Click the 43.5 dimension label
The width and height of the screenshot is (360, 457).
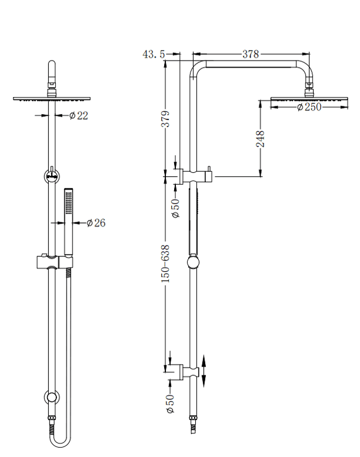tap(154, 54)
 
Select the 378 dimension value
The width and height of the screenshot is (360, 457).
tap(251, 54)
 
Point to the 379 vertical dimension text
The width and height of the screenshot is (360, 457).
tap(166, 119)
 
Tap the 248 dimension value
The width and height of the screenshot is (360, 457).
tap(261, 139)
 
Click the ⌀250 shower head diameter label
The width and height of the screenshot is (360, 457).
tap(309, 107)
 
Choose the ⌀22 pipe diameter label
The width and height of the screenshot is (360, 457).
tap(78, 116)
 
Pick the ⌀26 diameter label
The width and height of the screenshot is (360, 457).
tap(95, 222)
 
